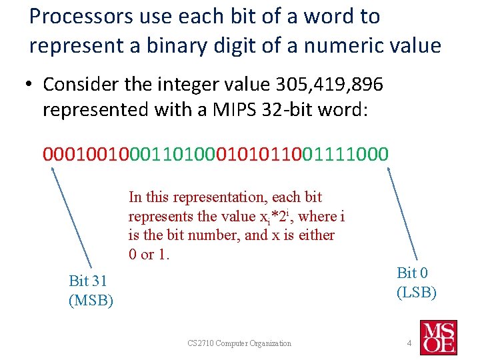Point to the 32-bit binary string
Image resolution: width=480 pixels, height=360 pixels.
[x=215, y=154]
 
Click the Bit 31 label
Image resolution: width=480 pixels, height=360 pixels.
[x=88, y=281]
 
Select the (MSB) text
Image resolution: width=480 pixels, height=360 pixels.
[x=91, y=301]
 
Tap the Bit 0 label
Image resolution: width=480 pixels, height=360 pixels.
[x=413, y=273]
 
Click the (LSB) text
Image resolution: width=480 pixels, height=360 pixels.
[x=417, y=292]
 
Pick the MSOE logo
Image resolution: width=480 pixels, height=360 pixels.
[x=438, y=337]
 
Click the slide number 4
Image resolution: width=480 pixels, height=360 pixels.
[x=409, y=343]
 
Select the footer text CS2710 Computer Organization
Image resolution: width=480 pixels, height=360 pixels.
[x=239, y=343]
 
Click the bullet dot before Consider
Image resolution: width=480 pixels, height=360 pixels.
[x=31, y=85]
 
